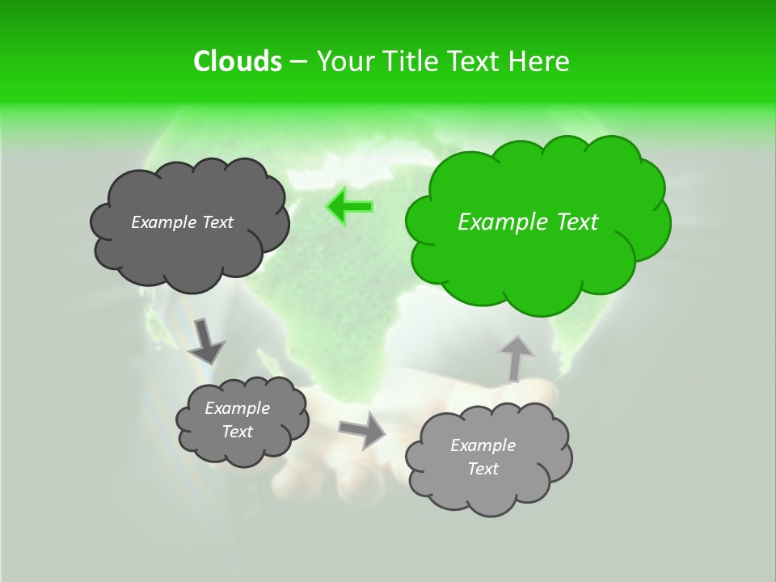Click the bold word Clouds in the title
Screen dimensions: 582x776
click(x=237, y=61)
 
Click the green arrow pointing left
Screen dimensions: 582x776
click(x=350, y=206)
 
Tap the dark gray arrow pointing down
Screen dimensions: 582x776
click(x=205, y=340)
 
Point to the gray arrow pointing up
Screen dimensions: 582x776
click(x=515, y=358)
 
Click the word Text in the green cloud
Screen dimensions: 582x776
click(x=577, y=222)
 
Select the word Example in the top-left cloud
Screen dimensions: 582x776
click(x=163, y=222)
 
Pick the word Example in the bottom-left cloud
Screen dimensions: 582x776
click(x=237, y=408)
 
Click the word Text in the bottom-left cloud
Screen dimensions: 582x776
click(x=237, y=432)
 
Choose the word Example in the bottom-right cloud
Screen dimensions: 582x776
click(x=483, y=445)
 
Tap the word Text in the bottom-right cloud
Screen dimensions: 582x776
click(x=483, y=469)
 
